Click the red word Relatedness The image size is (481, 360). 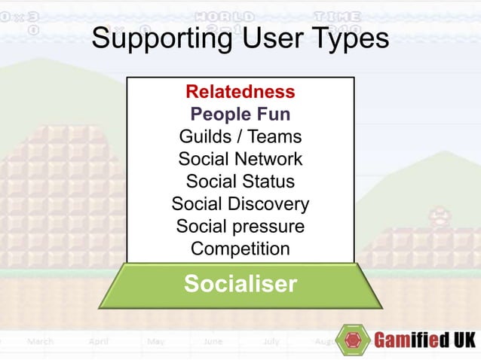tap(240, 93)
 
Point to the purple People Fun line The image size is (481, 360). tap(240, 114)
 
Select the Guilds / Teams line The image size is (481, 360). tap(240, 137)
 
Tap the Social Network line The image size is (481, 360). tap(240, 160)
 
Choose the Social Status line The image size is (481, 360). tap(240, 182)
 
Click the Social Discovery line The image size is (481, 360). tap(240, 204)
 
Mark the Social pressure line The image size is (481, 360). tap(240, 226)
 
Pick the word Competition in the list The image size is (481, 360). tap(240, 249)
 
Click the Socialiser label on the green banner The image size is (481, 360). tap(240, 284)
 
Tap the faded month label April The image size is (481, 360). tap(99, 341)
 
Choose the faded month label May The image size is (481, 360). tap(156, 341)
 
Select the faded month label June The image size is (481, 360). tap(212, 341)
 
